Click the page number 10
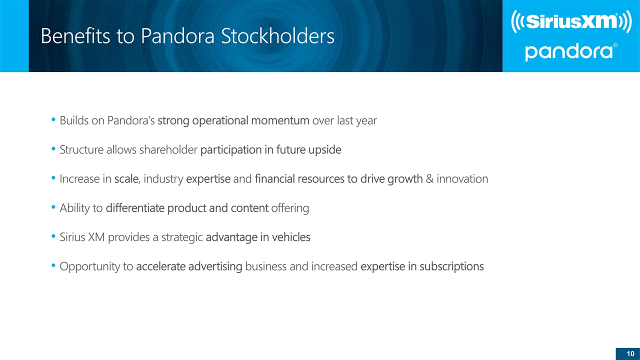629,353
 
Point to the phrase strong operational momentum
233,121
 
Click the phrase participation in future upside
270,150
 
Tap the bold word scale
126,179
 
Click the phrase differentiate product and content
187,208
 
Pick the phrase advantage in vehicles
258,237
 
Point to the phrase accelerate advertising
189,266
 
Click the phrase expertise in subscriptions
422,266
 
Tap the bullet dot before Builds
53,121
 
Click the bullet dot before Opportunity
53,266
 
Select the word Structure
80,150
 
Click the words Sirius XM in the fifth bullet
81,237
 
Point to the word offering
290,208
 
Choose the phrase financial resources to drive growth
338,179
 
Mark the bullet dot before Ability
53,208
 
